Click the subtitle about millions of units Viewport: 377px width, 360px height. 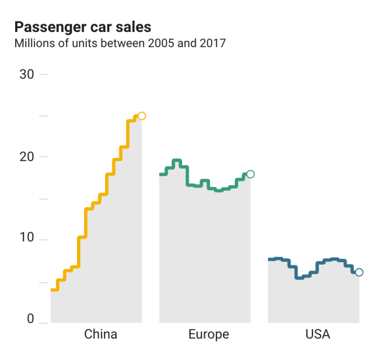click(119, 43)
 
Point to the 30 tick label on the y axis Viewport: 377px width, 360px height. click(27, 74)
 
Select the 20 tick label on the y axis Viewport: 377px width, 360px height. click(27, 157)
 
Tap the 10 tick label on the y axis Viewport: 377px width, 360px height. click(27, 239)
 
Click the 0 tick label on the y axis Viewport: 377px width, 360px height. click(30, 319)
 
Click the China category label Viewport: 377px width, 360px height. click(100, 334)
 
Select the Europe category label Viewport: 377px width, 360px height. click(209, 334)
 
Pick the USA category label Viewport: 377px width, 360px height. click(317, 334)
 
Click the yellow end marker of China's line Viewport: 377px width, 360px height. click(142, 116)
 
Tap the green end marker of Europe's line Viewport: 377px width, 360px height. click(250, 174)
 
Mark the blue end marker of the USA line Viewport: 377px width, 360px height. click(359, 272)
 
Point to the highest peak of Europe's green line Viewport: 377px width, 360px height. click(176, 160)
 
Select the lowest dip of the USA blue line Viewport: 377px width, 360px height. click(299, 278)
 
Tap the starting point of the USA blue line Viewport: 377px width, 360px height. click(270, 260)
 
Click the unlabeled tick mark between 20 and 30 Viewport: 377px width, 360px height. click(43, 116)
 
